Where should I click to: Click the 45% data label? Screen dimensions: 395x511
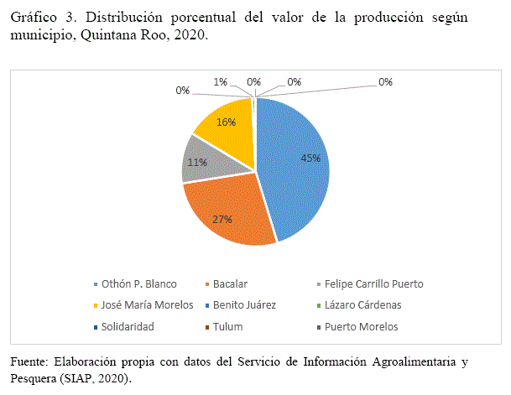310,158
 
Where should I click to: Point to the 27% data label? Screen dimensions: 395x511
222,219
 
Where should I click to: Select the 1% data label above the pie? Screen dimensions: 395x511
220,82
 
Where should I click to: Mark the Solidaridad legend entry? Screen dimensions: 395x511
129,326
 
